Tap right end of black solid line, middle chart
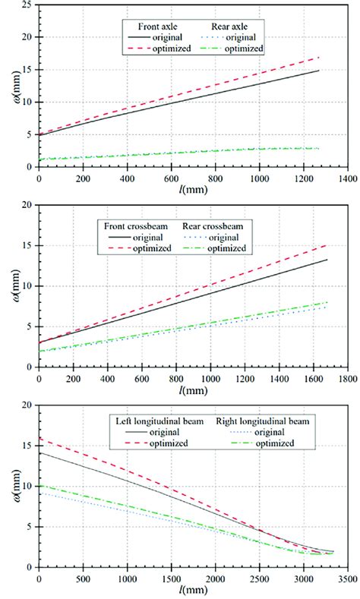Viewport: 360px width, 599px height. coord(327,260)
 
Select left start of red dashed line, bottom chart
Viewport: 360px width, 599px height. coord(39,438)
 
